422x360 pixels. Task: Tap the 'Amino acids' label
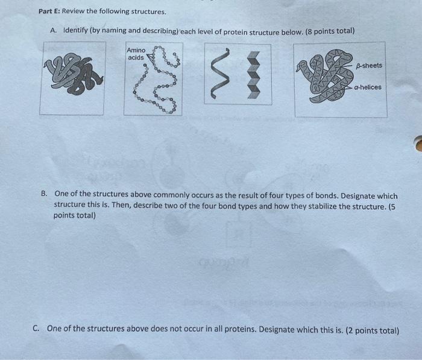click(136, 54)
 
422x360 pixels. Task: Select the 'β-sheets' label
click(369, 65)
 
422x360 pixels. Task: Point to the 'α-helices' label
click(367, 87)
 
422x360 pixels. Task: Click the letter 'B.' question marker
click(44, 194)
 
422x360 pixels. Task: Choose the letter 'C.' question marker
click(37, 329)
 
